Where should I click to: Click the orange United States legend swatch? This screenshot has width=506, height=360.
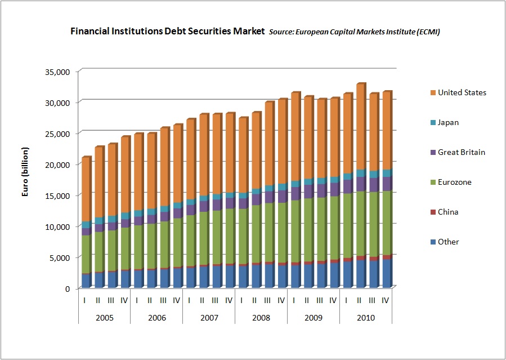click(433, 92)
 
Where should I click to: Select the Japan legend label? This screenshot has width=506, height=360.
click(448, 123)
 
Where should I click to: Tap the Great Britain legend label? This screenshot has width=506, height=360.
click(462, 153)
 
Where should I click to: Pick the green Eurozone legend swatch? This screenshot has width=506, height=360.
click(433, 183)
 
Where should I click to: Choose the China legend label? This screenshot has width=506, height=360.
click(448, 212)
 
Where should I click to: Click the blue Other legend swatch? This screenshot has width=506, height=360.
click(433, 242)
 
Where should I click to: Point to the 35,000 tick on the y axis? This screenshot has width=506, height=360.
click(58, 72)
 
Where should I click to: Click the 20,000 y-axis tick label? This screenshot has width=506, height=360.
click(58, 165)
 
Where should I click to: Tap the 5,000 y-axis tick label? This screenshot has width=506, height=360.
click(60, 257)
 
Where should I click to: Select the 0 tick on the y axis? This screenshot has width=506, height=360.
click(68, 288)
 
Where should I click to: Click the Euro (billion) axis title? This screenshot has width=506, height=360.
click(25, 172)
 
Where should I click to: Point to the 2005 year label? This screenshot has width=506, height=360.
click(105, 318)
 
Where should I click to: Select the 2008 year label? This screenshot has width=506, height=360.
click(261, 318)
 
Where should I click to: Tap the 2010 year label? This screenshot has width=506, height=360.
click(366, 318)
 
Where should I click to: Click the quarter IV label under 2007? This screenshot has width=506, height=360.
click(229, 301)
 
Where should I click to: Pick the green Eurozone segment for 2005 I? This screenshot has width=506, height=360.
click(87, 255)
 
